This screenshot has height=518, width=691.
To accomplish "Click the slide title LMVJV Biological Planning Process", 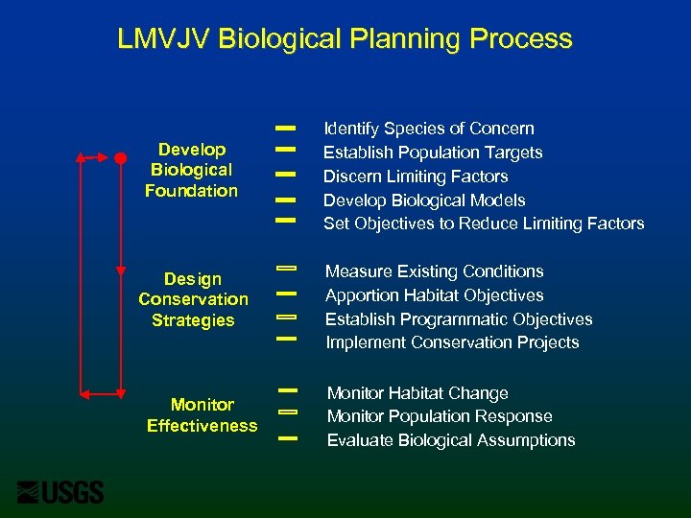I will click(x=345, y=39).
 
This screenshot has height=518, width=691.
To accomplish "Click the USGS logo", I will click(x=60, y=491).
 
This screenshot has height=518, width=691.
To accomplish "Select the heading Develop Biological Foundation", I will click(x=192, y=170).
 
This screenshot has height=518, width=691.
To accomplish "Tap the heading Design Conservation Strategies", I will click(x=193, y=299).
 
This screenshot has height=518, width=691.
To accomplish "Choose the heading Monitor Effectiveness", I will click(x=202, y=414).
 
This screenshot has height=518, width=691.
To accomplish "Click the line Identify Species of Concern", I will click(x=428, y=129).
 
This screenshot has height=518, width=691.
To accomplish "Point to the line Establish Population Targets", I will click(x=432, y=153).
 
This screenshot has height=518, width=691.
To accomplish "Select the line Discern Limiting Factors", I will click(x=415, y=177).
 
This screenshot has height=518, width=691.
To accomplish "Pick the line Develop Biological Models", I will click(x=423, y=200).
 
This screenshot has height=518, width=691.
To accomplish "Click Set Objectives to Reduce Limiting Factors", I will click(x=483, y=224).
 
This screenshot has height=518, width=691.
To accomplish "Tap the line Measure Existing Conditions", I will click(x=434, y=271).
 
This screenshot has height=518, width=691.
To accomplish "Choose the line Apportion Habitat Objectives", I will click(x=434, y=295).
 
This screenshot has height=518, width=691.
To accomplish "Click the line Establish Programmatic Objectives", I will click(x=458, y=319).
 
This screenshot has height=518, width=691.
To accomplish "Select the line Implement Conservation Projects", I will click(x=451, y=342).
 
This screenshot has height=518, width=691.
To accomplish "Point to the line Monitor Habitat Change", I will click(x=417, y=393).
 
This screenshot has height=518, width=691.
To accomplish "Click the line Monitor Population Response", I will click(x=439, y=416).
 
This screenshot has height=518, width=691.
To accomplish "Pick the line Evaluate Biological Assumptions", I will click(x=450, y=440).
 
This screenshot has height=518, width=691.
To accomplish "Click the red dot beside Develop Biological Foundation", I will click(x=121, y=156).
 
